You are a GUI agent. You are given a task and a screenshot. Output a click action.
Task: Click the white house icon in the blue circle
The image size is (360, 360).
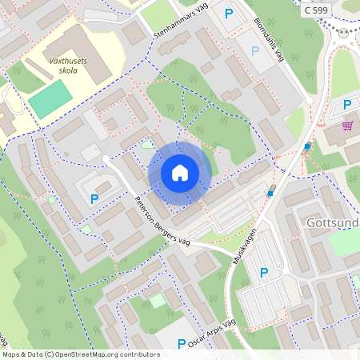point(179,173)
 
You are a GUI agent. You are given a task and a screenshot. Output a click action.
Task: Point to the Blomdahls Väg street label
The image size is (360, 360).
point(270,41)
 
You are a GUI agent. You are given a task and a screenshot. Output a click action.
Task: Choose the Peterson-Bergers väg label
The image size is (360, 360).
point(162,220)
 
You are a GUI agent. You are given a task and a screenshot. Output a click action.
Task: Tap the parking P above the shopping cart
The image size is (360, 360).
point(346,106)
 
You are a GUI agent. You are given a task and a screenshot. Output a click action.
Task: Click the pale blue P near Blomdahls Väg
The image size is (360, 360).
point(255,51)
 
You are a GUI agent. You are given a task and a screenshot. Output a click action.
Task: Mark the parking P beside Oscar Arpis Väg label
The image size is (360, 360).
point(182,343)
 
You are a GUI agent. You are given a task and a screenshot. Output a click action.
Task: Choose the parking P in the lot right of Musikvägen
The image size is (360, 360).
point(264,273)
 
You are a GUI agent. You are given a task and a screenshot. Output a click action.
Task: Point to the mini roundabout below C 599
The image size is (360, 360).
point(345,34)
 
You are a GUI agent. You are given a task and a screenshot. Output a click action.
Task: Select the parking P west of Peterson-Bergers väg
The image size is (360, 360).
point(94,198)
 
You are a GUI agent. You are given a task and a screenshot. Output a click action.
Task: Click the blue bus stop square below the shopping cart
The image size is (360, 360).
point(307,146)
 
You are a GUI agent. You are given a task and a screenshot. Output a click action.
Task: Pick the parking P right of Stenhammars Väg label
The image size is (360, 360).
point(229,14)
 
